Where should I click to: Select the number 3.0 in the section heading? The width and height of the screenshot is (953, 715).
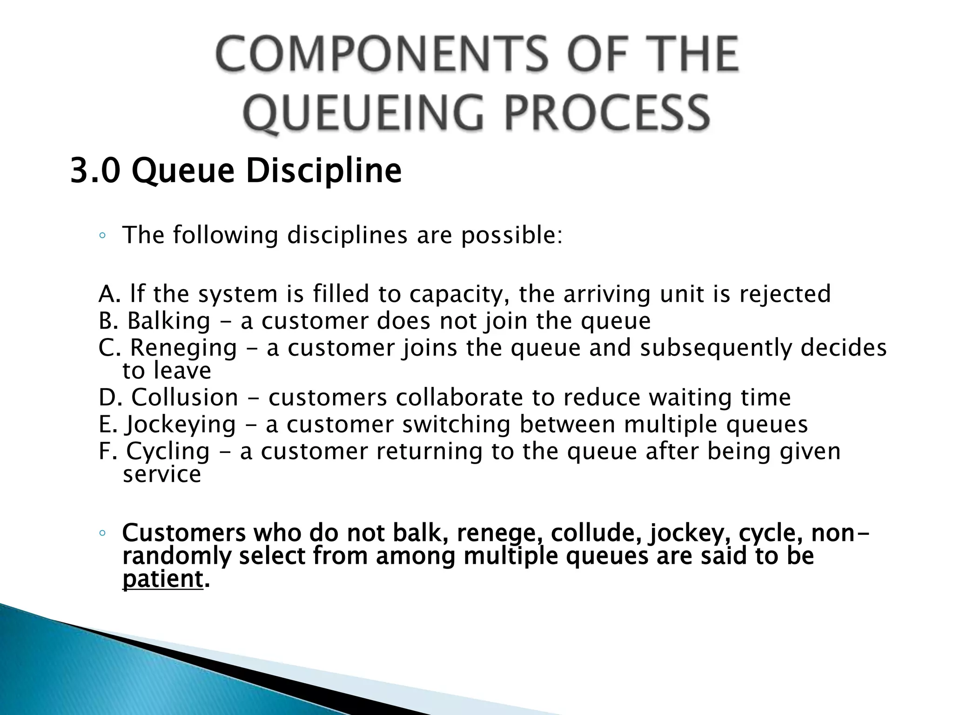coord(95,171)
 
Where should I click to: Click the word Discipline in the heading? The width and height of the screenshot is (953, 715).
coord(323,171)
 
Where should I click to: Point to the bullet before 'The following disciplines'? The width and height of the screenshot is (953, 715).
coord(102,236)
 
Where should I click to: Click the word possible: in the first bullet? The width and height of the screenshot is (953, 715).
coord(512,235)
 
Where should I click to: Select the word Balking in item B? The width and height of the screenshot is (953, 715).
coord(169,321)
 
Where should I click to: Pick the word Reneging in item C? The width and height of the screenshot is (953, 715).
coord(183,348)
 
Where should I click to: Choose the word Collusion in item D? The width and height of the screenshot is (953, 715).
coord(185,398)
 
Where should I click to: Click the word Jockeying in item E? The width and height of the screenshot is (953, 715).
coord(181,425)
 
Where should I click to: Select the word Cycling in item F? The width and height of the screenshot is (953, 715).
coord(168,452)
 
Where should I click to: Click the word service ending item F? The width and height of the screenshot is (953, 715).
coord(162,474)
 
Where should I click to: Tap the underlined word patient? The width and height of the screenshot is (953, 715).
coord(162,580)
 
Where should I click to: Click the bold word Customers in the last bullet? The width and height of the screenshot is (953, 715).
coord(184,533)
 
